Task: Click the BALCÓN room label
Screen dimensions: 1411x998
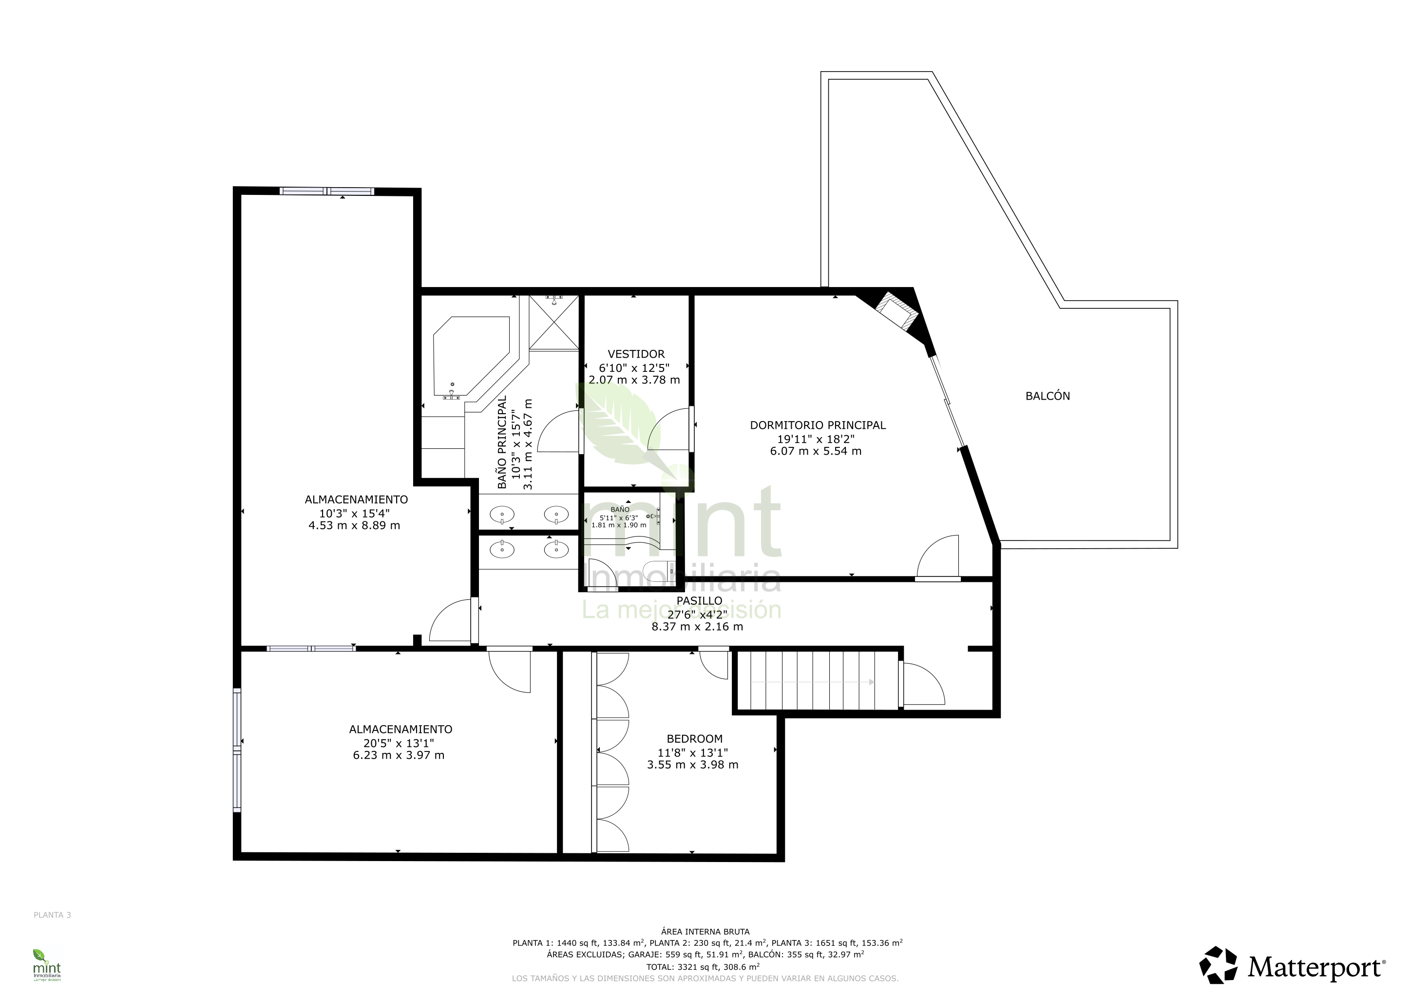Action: click(x=1047, y=396)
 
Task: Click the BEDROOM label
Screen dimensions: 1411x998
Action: click(x=694, y=739)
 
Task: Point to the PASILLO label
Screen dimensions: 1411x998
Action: click(x=699, y=600)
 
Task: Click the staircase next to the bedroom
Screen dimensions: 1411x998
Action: click(x=818, y=681)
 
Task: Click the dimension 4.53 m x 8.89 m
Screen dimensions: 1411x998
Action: click(x=354, y=525)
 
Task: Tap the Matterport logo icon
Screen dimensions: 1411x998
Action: click(x=1219, y=965)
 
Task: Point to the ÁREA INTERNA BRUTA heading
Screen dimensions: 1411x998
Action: click(x=705, y=932)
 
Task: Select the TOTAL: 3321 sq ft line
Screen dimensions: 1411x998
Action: click(x=703, y=967)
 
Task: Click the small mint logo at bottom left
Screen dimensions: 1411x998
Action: click(x=47, y=965)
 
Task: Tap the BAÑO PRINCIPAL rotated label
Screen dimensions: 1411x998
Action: click(x=502, y=442)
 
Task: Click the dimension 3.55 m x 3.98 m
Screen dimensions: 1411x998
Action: click(x=693, y=765)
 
